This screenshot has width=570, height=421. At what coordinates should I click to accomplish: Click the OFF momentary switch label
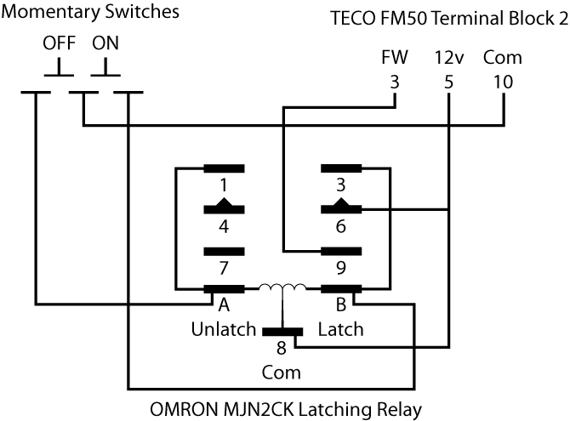click(x=60, y=43)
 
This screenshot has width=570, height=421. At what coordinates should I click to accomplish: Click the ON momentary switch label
click(x=106, y=43)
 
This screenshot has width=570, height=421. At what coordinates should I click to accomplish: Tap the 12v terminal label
click(x=448, y=58)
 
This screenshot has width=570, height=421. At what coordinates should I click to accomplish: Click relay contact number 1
click(x=223, y=185)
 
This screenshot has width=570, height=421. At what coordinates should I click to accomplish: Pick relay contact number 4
click(x=223, y=226)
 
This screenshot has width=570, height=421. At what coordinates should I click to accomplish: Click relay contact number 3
click(x=341, y=185)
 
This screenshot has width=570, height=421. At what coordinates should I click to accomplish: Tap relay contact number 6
click(x=341, y=226)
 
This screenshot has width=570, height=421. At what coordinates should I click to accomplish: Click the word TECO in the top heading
click(x=350, y=19)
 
